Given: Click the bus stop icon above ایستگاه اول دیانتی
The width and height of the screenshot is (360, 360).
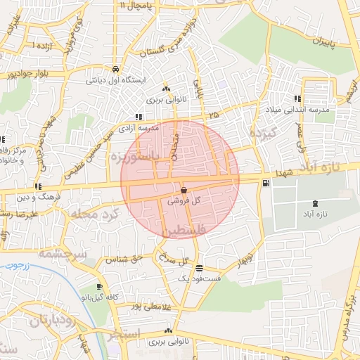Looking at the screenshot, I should pos(115,70).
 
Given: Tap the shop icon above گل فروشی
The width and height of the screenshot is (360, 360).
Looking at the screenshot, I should pos(184,191).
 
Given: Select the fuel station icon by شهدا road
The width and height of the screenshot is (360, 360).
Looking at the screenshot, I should pos(264,184).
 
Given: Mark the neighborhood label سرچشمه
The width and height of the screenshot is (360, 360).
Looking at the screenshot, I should pos(62,252).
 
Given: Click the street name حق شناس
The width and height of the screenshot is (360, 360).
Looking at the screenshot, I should pos(124,259).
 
